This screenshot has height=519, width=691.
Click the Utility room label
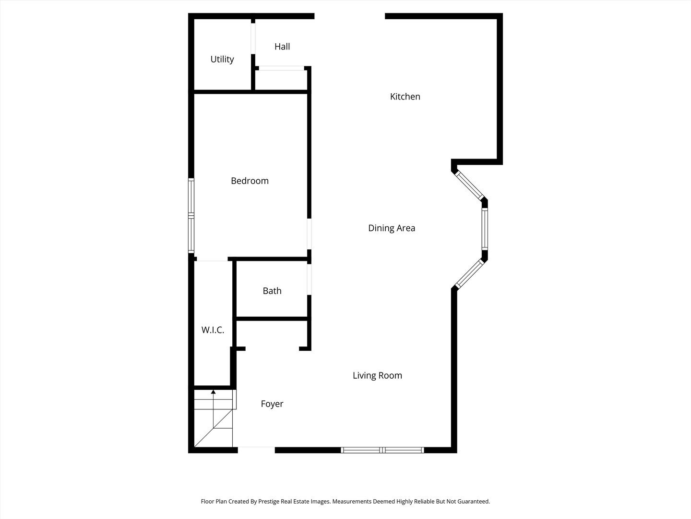[222, 59]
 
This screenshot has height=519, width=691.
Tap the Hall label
[282, 47]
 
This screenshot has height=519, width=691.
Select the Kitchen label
[405, 97]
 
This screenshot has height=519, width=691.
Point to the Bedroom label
[250, 181]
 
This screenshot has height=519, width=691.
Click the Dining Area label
[392, 228]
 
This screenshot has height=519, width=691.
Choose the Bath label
[272, 291]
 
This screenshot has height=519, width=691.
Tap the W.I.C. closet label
[213, 330]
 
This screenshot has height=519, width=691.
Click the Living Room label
[377, 375]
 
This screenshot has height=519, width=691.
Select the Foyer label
[272, 404]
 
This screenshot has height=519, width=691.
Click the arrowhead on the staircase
[213, 392]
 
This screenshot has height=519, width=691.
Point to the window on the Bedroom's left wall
[191, 216]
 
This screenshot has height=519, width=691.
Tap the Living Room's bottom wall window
[382, 450]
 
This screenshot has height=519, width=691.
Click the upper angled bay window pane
[469, 185]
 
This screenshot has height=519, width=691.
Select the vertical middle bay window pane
[485, 229]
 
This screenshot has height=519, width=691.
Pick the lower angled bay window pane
[469, 274]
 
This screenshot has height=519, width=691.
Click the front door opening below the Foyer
[256, 450]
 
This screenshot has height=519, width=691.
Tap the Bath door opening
[310, 279]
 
